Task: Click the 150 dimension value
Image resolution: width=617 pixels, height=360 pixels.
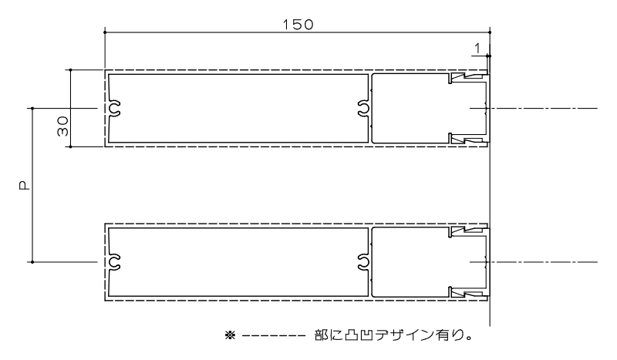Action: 298,24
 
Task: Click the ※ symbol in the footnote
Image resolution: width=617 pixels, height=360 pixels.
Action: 229,335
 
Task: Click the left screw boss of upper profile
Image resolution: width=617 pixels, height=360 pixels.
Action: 114,109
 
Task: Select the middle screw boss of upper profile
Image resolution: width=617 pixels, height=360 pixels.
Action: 363,109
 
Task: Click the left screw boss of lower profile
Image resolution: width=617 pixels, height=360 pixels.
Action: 114,262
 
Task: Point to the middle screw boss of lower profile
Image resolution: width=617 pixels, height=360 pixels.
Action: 363,262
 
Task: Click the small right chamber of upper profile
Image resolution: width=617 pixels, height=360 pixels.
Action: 409,109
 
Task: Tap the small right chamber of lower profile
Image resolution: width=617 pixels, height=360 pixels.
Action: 409,262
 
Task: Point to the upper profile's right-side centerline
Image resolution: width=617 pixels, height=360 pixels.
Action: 548,109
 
